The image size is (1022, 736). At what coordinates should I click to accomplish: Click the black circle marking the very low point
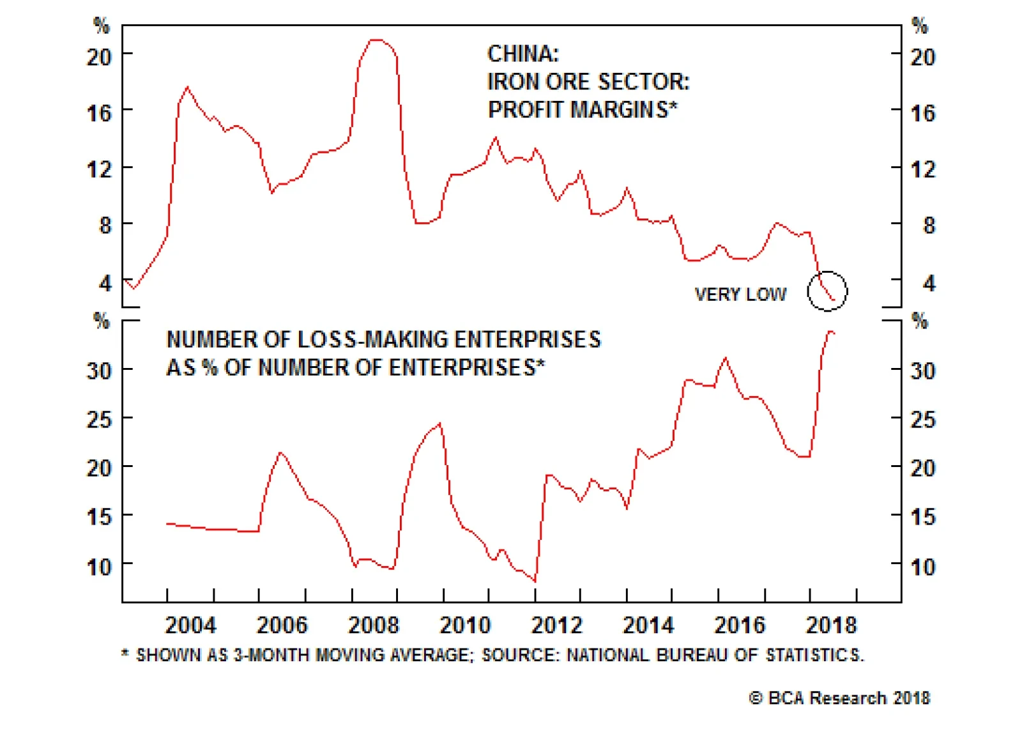(827, 291)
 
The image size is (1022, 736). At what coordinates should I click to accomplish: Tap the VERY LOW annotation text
(740, 295)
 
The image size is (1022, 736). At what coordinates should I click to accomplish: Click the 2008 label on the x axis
(374, 625)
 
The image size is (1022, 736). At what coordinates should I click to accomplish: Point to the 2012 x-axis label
(557, 625)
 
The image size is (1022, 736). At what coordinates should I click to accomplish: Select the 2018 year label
(831, 625)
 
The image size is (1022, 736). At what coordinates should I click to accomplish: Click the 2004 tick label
(190, 625)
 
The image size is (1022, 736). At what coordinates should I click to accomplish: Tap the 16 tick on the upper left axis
(99, 113)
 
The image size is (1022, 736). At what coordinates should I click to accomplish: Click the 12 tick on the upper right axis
(922, 169)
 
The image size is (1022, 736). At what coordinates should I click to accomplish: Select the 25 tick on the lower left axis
(99, 420)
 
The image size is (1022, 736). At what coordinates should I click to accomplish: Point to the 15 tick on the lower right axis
(922, 516)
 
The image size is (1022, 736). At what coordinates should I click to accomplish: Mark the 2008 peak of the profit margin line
(377, 40)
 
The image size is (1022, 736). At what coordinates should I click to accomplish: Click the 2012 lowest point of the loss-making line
(535, 581)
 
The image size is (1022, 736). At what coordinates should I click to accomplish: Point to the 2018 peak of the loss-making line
(830, 332)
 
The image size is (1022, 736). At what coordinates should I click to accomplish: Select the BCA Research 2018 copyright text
(840, 698)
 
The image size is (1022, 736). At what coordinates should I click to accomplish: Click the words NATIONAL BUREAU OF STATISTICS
(715, 655)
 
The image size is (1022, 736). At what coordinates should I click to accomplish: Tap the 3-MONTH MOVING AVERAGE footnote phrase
(351, 655)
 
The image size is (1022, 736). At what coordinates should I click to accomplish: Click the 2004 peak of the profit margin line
(187, 87)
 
